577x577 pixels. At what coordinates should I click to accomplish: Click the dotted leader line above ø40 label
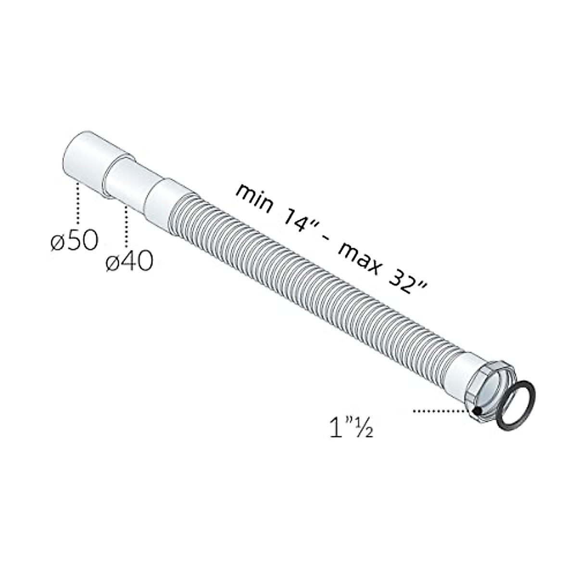click(x=126, y=226)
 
